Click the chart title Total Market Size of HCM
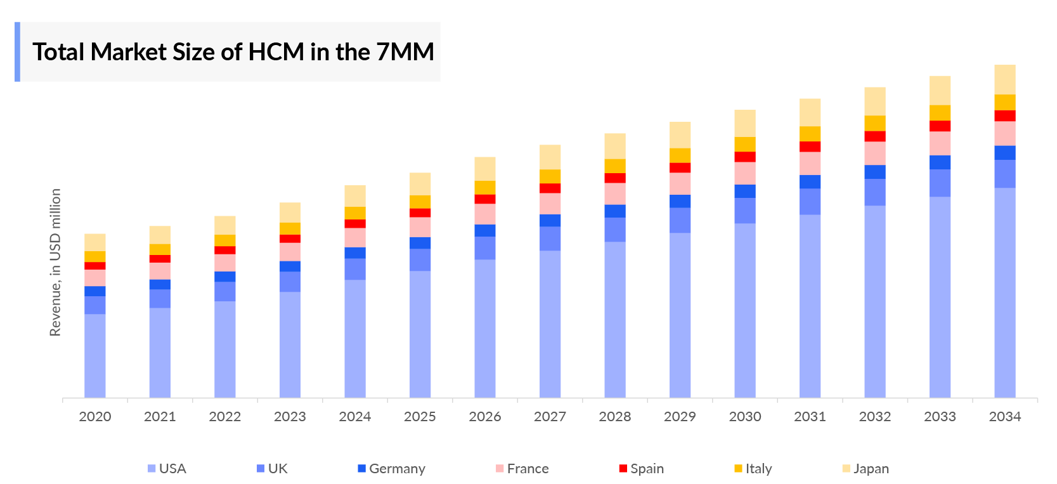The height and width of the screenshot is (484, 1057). pos(233,52)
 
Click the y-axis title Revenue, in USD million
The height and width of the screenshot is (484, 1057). pos(56,262)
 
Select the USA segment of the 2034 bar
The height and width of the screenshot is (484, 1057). pos(1004,292)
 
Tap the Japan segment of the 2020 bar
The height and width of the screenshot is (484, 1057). pos(95,242)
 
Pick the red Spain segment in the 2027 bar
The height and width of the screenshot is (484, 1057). pos(550,188)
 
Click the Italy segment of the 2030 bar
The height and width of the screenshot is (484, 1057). pos(745,145)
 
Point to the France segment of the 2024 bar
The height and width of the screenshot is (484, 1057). pos(355,237)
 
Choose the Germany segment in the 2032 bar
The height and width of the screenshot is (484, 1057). pos(875,172)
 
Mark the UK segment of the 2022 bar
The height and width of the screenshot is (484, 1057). pos(225,291)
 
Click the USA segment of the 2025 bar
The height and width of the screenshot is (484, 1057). pos(420,334)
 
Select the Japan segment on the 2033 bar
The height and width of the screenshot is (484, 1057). pos(940,90)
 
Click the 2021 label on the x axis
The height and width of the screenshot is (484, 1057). pos(160,417)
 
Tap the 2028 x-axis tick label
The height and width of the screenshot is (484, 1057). pos(615,417)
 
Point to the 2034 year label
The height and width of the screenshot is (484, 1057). pos(1004,417)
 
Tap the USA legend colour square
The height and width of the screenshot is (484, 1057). pos(152,469)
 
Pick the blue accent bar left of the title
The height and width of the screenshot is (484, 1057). pos(18,52)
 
